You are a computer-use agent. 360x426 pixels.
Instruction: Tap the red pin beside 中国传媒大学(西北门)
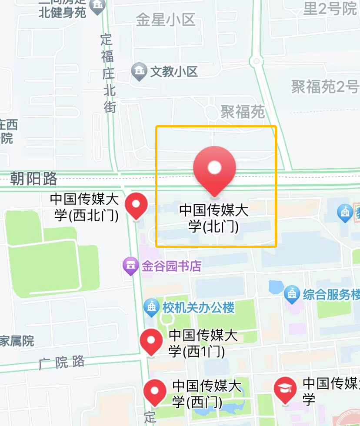pos(136,205)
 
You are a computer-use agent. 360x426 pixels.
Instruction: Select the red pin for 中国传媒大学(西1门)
pos(151,341)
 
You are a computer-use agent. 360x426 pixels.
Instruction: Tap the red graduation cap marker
pos(285,389)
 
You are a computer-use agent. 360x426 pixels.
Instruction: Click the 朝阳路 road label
pos(34,178)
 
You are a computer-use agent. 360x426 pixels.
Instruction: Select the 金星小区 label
pos(165,20)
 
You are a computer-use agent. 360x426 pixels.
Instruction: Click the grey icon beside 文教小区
pos(140,72)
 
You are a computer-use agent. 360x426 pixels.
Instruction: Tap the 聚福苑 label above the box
pos(243,112)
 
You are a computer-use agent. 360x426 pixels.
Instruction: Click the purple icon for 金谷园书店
pos(130,265)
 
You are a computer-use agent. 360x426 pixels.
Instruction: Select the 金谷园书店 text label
pos(171,266)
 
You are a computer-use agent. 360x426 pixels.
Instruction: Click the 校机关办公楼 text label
pos(199,308)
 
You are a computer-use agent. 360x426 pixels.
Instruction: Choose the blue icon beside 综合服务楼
pos(292,295)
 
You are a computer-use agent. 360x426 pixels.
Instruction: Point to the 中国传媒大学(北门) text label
pos(214,219)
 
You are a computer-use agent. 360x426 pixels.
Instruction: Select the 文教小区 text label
pos(174,71)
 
